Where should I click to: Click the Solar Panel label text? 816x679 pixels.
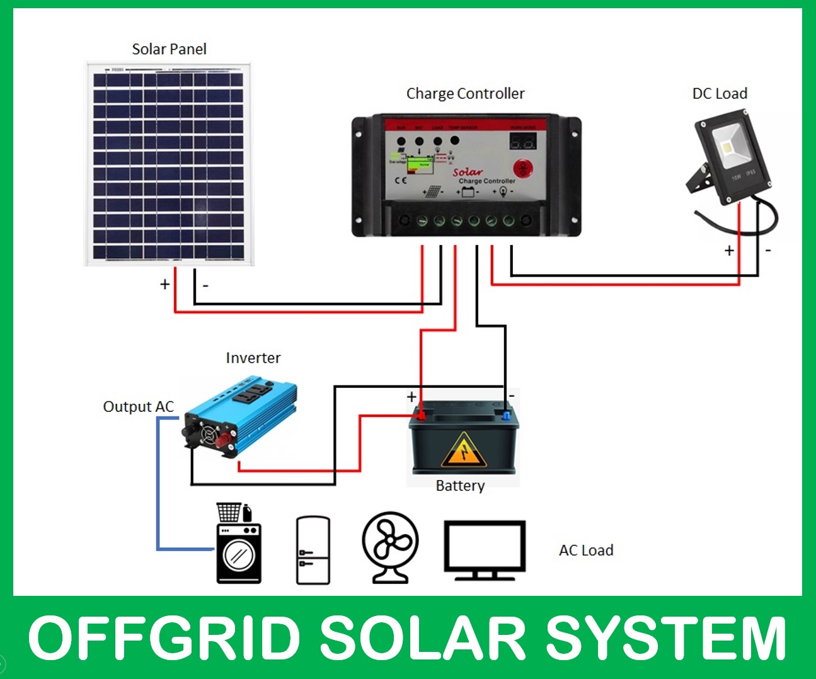coord(169,49)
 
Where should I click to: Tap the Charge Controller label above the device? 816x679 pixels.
coord(465,94)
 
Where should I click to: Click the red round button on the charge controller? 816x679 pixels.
coord(523,169)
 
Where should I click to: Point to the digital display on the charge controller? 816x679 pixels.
coord(522,141)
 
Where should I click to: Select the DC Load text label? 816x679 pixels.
coord(720,94)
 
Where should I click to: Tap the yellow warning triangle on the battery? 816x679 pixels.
coord(464,450)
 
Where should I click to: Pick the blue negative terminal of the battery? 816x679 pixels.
coord(505,414)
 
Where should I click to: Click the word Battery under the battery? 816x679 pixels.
coord(460,486)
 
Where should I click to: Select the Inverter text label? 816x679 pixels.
coord(253,358)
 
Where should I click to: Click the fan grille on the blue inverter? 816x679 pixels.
coord(209,434)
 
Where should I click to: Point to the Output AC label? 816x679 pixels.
coord(138,407)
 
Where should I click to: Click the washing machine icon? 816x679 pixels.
coord(238,545)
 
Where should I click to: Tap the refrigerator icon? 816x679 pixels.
coord(313,550)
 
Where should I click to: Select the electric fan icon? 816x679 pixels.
coord(390,545)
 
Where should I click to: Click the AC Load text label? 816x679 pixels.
coord(586,551)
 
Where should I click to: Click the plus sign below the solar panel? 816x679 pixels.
coord(165,284)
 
